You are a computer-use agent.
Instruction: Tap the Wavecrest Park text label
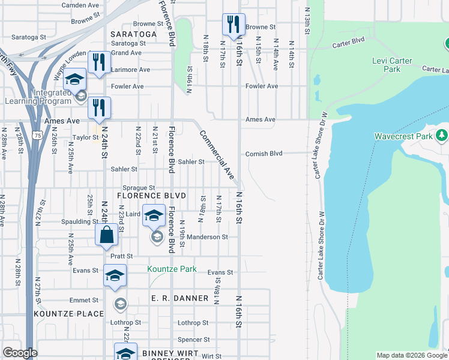(x=404, y=136)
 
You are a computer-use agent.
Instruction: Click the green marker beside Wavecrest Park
(x=442, y=134)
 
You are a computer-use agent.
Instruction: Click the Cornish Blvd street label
(x=264, y=154)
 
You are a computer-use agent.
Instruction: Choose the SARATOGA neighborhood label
(x=134, y=34)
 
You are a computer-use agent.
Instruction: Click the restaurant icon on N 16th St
(x=234, y=25)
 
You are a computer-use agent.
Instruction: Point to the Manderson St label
(x=207, y=237)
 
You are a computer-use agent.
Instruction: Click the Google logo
(x=20, y=353)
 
